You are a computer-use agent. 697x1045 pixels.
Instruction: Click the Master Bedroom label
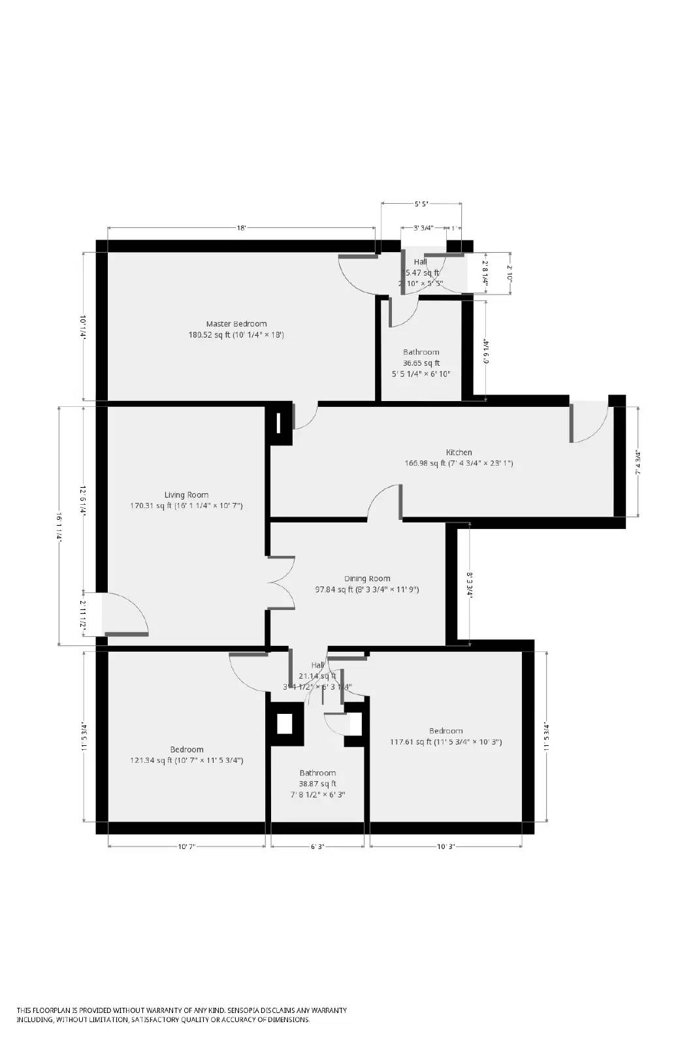(x=236, y=324)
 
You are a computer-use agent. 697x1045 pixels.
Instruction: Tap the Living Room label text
(x=186, y=495)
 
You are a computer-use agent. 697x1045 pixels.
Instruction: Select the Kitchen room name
(x=459, y=453)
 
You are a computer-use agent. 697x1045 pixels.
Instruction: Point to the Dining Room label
(x=367, y=579)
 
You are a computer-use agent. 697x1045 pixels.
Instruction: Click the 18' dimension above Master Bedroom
(x=241, y=228)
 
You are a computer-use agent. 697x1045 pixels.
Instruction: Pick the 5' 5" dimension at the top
(x=421, y=204)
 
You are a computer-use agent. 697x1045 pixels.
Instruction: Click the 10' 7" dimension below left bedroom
(x=186, y=846)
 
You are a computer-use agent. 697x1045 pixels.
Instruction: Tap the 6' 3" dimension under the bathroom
(x=317, y=846)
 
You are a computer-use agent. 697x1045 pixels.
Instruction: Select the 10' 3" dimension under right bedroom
(x=446, y=846)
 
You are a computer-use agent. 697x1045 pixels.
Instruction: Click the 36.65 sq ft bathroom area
(x=421, y=363)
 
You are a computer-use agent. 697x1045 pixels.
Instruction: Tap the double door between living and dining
(x=282, y=583)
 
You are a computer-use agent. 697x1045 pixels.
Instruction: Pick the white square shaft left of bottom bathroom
(x=285, y=724)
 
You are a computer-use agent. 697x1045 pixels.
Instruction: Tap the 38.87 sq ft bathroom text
(x=317, y=784)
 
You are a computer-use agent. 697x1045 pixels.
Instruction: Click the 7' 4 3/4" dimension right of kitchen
(x=638, y=462)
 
